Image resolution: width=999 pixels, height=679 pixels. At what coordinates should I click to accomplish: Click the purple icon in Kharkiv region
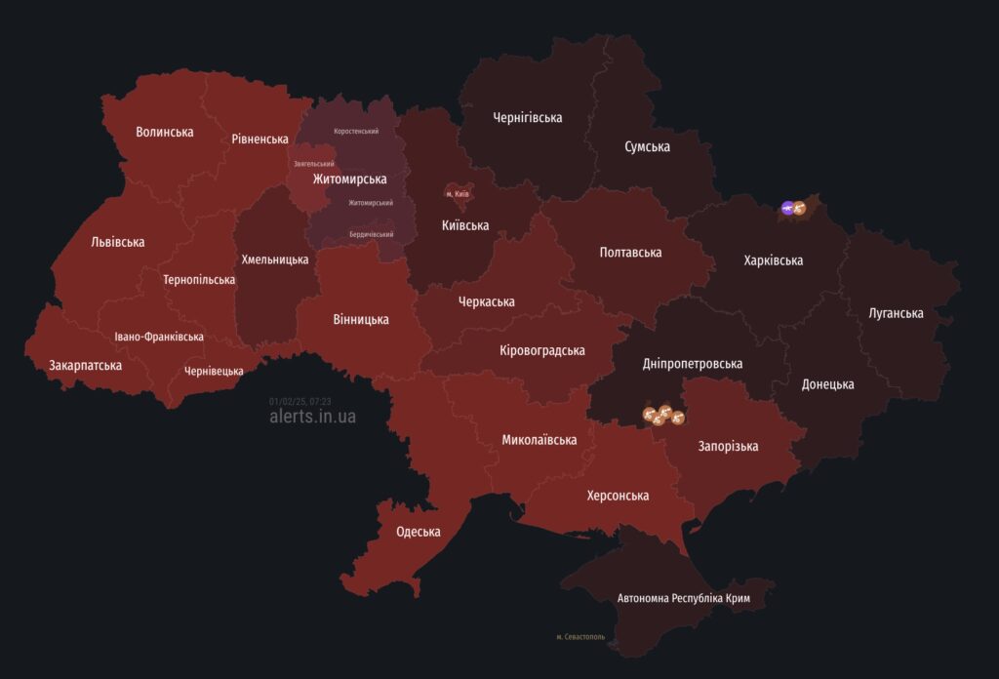pyautogui.click(x=787, y=207)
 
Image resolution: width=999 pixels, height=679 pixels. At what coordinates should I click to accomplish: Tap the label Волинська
pyautogui.click(x=165, y=132)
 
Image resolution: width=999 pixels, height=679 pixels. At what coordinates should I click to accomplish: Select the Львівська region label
pyautogui.click(x=117, y=242)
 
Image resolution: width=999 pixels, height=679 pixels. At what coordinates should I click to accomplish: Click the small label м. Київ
pyautogui.click(x=458, y=194)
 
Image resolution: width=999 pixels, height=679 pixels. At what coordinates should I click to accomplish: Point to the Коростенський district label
pyautogui.click(x=356, y=131)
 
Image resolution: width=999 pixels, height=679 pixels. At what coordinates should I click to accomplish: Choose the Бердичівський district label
pyautogui.click(x=372, y=235)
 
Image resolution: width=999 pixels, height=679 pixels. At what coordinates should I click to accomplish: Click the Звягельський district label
pyautogui.click(x=314, y=164)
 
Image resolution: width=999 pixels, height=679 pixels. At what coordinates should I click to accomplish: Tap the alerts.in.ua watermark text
pyautogui.click(x=312, y=417)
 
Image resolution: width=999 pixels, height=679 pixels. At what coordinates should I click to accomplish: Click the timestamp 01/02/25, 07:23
pyautogui.click(x=300, y=401)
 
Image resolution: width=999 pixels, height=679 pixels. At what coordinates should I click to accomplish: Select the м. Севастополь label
pyautogui.click(x=580, y=636)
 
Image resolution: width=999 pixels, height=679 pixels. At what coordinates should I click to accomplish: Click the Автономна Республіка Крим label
pyautogui.click(x=683, y=597)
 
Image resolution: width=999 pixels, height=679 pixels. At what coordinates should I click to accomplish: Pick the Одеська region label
pyautogui.click(x=418, y=532)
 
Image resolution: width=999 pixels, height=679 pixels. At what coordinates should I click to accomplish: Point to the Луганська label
pyautogui.click(x=896, y=313)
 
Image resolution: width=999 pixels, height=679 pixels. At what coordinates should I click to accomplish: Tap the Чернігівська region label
pyautogui.click(x=527, y=118)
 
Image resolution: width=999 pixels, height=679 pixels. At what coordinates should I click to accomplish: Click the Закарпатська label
pyautogui.click(x=86, y=366)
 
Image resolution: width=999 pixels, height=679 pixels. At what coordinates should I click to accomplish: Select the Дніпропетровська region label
pyautogui.click(x=693, y=364)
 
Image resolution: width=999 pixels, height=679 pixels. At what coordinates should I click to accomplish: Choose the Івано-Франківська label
pyautogui.click(x=159, y=337)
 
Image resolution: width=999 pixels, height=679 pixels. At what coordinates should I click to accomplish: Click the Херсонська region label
pyautogui.click(x=618, y=496)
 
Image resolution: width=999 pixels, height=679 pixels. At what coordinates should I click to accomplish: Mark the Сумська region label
pyautogui.click(x=647, y=147)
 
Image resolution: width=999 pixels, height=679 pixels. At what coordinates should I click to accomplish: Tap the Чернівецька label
pyautogui.click(x=214, y=371)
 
